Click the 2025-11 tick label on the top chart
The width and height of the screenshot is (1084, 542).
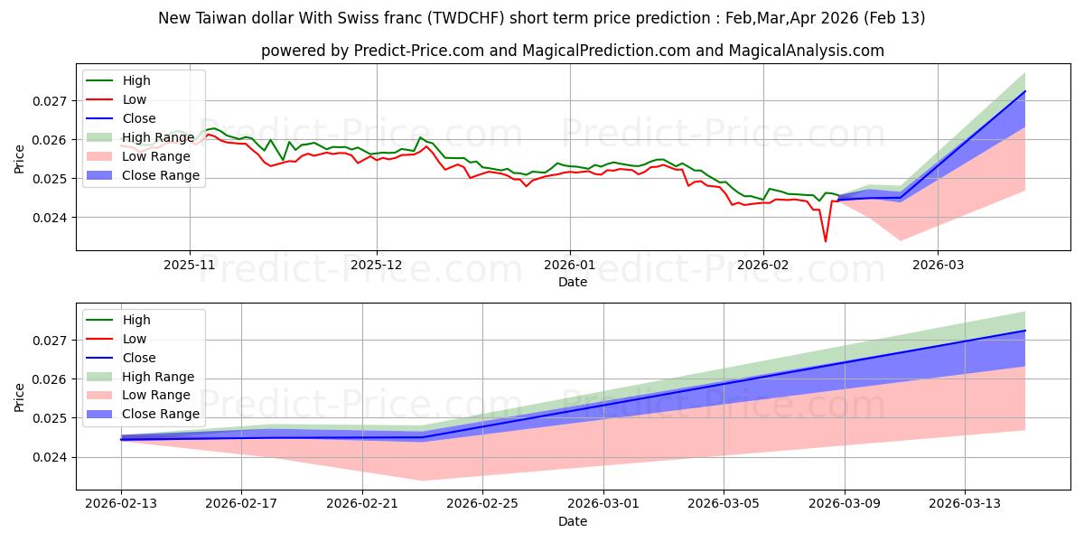coord(190,266)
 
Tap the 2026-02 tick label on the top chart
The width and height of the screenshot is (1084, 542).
coord(763,266)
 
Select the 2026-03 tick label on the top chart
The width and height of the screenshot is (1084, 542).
coord(937,266)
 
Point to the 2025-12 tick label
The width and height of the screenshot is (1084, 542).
coord(377,266)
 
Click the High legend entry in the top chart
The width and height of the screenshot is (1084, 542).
coord(136,80)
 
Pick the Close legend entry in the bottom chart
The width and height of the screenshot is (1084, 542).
coord(139,358)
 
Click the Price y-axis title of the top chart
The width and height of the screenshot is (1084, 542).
coord(20,159)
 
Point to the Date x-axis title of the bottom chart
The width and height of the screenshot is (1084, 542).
coord(573,521)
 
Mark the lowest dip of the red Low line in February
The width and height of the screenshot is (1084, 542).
coord(825,241)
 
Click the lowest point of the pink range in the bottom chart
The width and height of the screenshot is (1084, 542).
coord(422,481)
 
